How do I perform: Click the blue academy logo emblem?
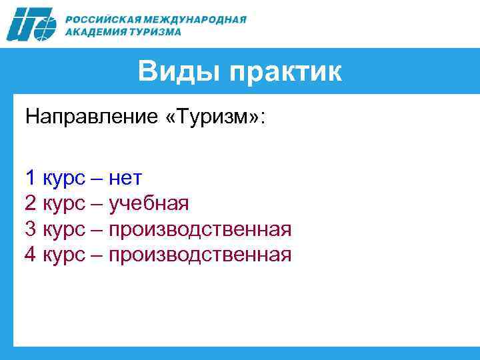[x=33, y=25]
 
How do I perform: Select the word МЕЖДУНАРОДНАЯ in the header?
[x=200, y=19]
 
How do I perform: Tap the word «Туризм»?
[x=213, y=118]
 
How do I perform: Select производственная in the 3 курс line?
[x=200, y=230]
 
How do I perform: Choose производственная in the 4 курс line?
[x=200, y=255]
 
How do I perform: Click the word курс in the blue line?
[x=64, y=179]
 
